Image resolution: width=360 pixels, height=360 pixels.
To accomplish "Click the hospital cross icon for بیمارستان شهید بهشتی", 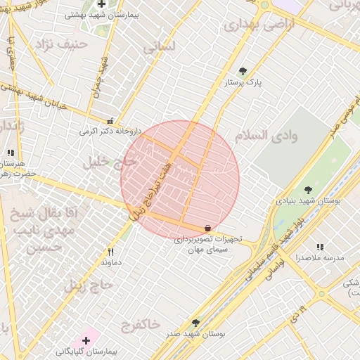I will point(102,4).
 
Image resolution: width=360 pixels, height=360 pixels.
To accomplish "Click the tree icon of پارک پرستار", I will point(243,71).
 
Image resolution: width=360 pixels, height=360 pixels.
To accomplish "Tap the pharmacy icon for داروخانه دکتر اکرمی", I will point(110,121).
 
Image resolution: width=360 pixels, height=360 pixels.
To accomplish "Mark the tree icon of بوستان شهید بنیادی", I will point(308,189).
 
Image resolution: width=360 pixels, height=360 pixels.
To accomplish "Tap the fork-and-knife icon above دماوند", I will point(110,252).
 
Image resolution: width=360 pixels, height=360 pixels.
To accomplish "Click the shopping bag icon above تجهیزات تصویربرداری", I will point(207,229).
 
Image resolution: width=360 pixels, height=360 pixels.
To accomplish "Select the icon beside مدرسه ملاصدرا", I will point(320,247).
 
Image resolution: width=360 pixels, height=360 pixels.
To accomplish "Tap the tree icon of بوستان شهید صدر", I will point(195,322).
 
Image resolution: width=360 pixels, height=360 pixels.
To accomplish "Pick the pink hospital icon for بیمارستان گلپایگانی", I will point(86,340).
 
